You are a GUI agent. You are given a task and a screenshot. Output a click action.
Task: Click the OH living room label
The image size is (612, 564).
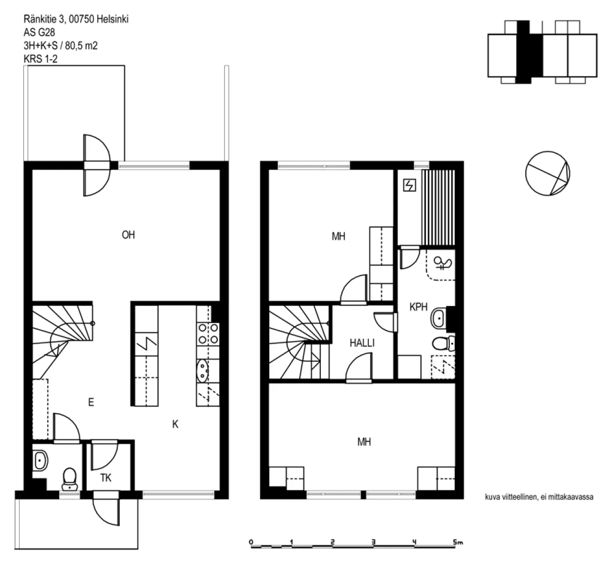click(128, 235)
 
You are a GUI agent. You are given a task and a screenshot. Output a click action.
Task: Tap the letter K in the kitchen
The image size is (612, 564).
click(175, 424)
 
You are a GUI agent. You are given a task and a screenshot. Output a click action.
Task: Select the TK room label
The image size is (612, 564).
click(106, 478)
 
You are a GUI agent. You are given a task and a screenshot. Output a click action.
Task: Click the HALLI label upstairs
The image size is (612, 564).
click(362, 343)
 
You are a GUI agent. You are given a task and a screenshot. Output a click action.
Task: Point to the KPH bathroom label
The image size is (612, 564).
click(418, 306)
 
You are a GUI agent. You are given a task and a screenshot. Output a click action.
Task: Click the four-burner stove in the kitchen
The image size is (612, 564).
click(208, 334)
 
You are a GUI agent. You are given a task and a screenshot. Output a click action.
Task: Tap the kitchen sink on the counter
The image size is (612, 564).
click(202, 371)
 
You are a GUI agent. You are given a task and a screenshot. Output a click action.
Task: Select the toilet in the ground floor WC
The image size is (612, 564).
click(69, 479)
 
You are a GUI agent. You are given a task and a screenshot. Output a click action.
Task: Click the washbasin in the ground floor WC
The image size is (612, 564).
click(40, 461)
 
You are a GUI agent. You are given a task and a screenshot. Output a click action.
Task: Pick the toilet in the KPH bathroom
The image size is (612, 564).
click(443, 344)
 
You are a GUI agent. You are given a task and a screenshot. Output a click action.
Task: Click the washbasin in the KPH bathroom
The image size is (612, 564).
click(439, 318)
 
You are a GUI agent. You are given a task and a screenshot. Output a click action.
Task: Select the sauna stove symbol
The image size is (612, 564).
click(410, 185)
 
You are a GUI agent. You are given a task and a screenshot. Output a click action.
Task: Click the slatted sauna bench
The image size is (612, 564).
click(438, 208)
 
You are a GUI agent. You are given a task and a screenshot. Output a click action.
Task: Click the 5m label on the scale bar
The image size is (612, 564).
click(458, 542)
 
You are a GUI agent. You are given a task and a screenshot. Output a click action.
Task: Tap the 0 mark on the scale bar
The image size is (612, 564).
click(251, 542)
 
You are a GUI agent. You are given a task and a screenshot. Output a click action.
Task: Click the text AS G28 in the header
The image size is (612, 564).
click(39, 32)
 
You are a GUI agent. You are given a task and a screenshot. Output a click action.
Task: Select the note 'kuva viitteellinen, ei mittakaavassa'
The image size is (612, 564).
click(539, 497)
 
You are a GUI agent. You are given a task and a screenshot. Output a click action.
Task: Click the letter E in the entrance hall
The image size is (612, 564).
click(91, 402)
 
